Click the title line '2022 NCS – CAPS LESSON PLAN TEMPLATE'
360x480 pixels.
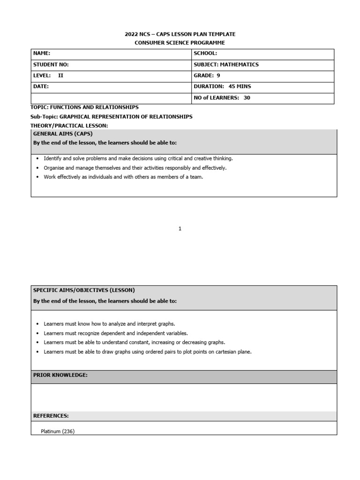(180, 34)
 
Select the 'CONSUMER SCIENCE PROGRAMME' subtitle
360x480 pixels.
(180, 43)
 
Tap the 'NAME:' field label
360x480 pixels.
(42, 53)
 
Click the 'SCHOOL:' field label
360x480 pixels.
(205, 53)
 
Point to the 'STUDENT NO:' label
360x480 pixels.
(51, 65)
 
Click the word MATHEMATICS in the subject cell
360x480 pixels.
(239, 65)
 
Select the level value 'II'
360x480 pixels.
(60, 75)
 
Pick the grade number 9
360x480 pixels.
(218, 75)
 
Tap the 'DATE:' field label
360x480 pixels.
(41, 86)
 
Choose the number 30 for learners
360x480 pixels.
(247, 97)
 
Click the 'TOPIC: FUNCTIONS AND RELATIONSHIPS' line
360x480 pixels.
(84, 107)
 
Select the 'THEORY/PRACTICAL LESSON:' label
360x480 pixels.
(69, 126)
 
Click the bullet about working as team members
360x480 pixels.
(123, 177)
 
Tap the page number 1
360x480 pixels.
(180, 229)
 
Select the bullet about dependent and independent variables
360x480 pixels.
(115, 333)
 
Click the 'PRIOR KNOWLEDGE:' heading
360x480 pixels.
(60, 375)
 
